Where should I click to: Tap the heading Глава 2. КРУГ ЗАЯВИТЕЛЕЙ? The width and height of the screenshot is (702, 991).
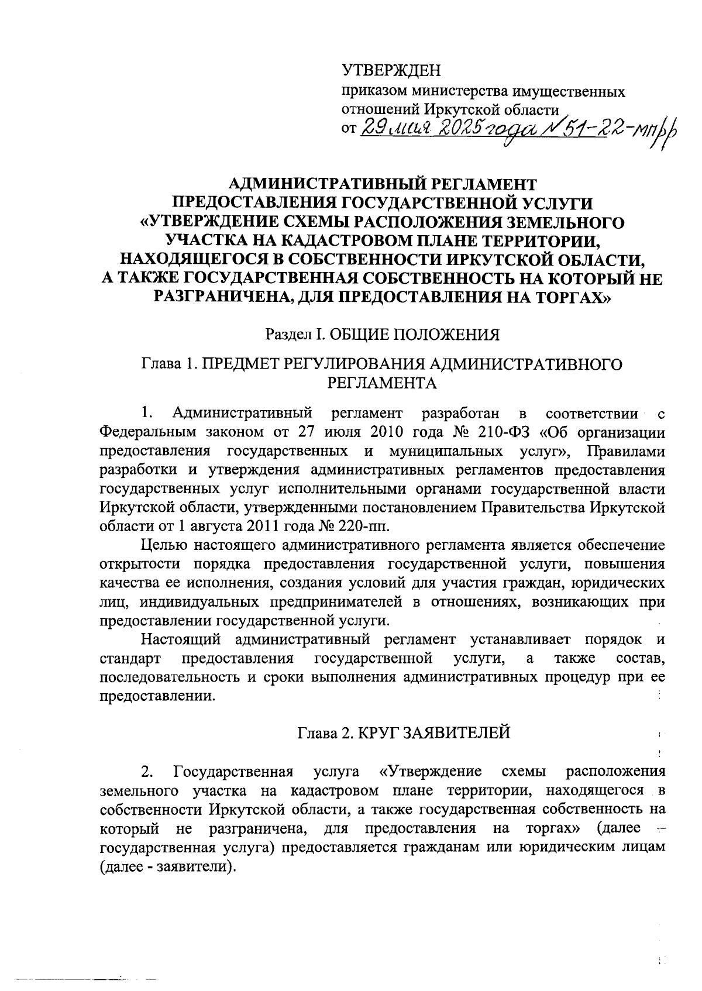coord(404,732)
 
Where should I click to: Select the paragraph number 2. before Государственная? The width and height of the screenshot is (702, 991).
coord(147,771)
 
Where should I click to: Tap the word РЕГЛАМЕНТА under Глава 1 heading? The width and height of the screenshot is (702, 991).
coord(381,383)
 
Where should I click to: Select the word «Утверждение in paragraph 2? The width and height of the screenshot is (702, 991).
coord(431,771)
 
